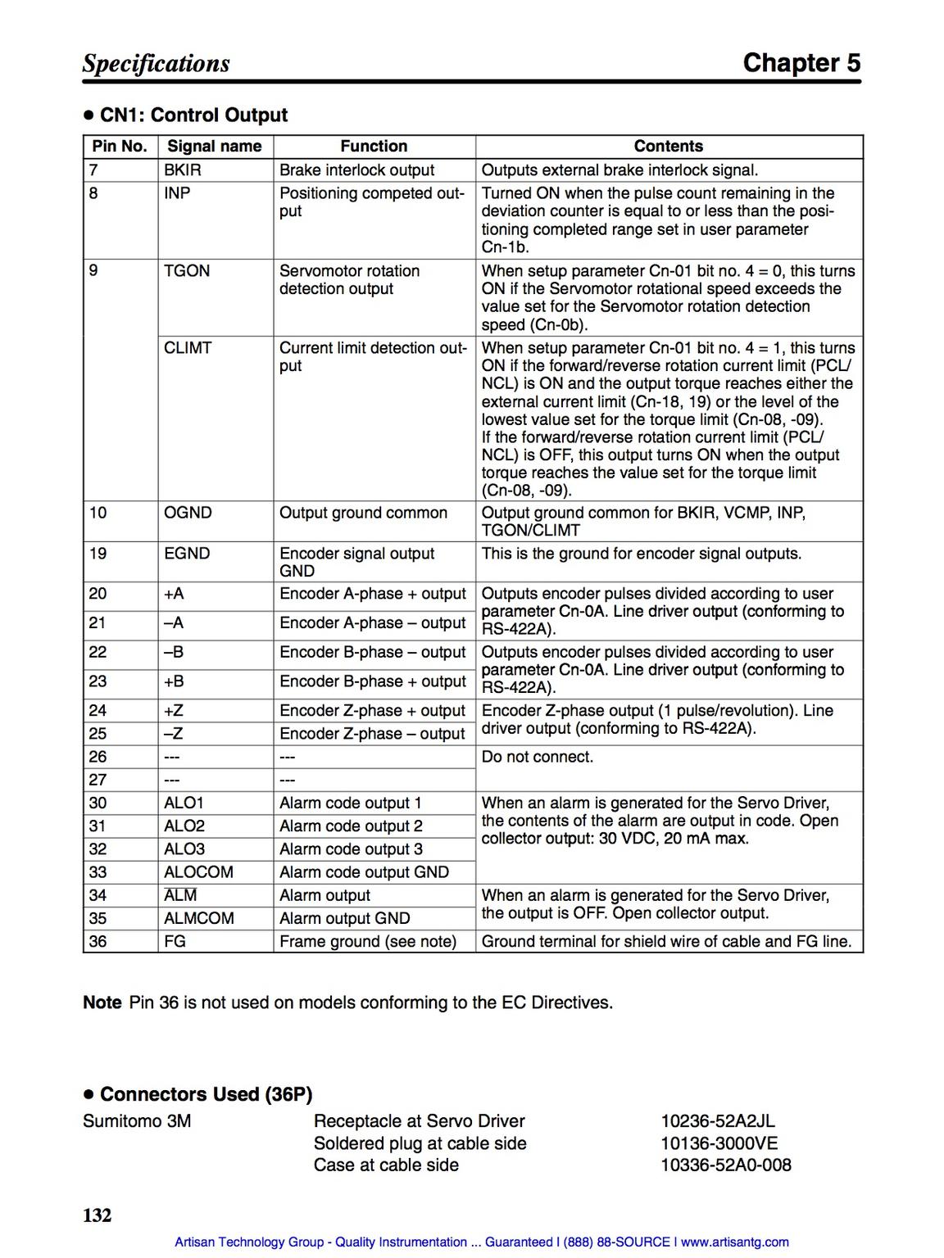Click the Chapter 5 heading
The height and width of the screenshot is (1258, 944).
click(x=801, y=63)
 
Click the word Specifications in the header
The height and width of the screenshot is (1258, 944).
click(x=156, y=64)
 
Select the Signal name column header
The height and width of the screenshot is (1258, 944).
click(x=215, y=147)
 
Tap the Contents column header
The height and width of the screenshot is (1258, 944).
click(x=669, y=147)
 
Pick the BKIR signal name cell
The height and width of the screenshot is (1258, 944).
click(x=183, y=170)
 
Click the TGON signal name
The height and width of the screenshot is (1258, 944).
click(x=187, y=271)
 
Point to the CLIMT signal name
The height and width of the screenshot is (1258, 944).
click(x=188, y=348)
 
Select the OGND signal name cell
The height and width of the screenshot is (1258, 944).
click(x=188, y=513)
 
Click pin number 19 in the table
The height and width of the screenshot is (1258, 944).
click(x=98, y=554)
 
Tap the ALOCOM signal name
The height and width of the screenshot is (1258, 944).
click(x=198, y=872)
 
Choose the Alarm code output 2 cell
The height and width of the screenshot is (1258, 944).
click(x=351, y=826)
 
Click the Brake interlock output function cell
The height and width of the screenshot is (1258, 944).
click(x=357, y=170)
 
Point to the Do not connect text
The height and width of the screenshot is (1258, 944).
click(x=538, y=757)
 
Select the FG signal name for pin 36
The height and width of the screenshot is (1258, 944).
click(x=175, y=942)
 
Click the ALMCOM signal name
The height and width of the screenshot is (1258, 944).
click(x=199, y=919)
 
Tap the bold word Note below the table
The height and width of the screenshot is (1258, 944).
click(x=102, y=1003)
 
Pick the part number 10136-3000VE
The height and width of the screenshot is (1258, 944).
click(x=719, y=1143)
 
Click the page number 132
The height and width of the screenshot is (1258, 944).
click(x=97, y=1215)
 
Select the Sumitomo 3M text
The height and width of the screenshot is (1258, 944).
click(x=137, y=1121)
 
